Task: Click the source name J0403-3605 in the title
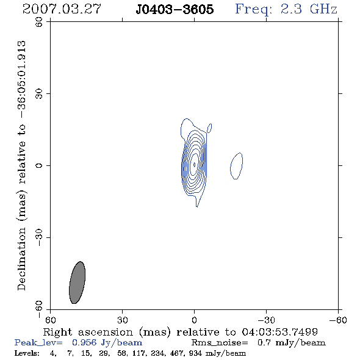(175, 9)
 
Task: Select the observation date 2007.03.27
(62, 9)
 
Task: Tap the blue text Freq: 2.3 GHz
(286, 9)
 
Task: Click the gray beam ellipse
(77, 283)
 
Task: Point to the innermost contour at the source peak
(195, 165)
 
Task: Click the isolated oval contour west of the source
(237, 166)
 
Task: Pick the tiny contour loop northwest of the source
(209, 128)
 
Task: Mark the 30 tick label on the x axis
(122, 320)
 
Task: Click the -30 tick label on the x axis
(265, 320)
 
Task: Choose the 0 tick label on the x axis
(194, 320)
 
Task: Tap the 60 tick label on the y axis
(40, 22)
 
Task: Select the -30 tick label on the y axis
(40, 237)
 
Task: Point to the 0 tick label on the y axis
(40, 165)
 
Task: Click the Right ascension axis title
(180, 332)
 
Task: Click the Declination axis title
(22, 166)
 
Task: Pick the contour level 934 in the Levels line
(195, 353)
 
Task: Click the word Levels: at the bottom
(27, 353)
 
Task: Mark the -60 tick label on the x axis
(338, 320)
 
